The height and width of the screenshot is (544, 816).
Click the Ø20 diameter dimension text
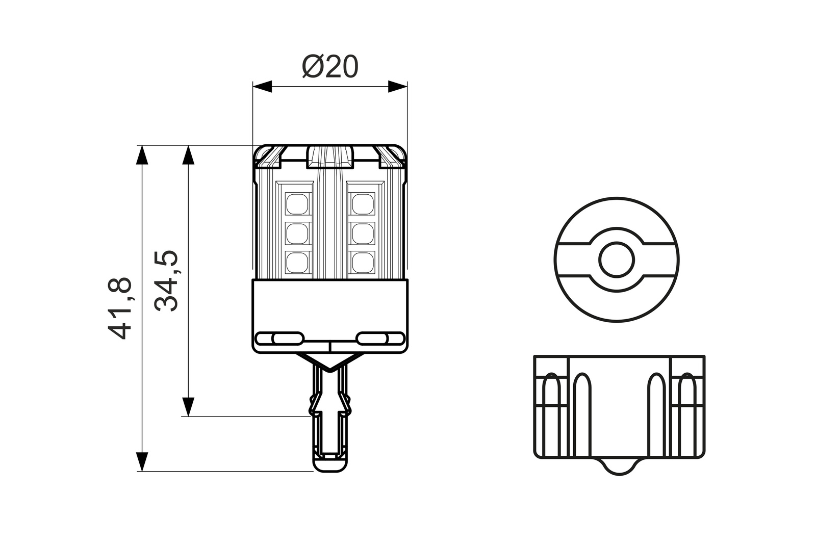click(x=330, y=67)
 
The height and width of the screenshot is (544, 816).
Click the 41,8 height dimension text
click(x=120, y=308)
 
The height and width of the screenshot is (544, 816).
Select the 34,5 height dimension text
click(x=166, y=280)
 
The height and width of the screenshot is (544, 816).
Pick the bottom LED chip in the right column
click(x=363, y=262)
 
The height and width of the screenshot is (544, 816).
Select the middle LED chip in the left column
click(x=297, y=233)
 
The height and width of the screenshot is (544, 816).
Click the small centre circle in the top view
click(x=617, y=260)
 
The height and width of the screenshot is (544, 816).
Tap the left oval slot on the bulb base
click(x=279, y=338)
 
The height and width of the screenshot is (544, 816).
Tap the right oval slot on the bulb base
click(x=380, y=338)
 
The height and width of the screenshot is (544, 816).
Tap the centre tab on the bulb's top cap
click(x=330, y=156)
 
